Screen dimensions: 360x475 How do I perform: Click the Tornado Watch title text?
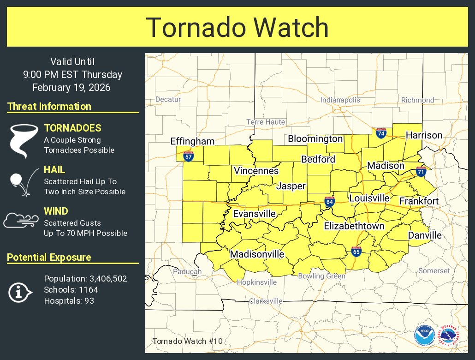coord(237,27)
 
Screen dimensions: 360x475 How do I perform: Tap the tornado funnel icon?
coord(23,138)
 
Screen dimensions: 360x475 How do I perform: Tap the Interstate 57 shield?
coord(188,156)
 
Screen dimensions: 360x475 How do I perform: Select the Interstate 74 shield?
coord(380,134)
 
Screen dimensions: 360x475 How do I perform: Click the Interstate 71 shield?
coord(421,172)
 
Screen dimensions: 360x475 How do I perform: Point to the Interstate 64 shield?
coord(329,201)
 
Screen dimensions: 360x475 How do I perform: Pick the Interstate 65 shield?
coord(356,251)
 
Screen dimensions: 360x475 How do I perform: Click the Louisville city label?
coord(369,198)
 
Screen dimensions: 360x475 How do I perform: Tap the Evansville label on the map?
coord(254,214)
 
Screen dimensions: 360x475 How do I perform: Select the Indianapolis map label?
coord(340,100)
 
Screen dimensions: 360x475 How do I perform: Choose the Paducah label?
coord(187,272)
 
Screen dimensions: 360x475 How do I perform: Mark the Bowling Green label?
coord(321,276)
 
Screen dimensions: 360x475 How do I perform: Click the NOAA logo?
coord(424,336)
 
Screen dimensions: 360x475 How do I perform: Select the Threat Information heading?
coord(49,107)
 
